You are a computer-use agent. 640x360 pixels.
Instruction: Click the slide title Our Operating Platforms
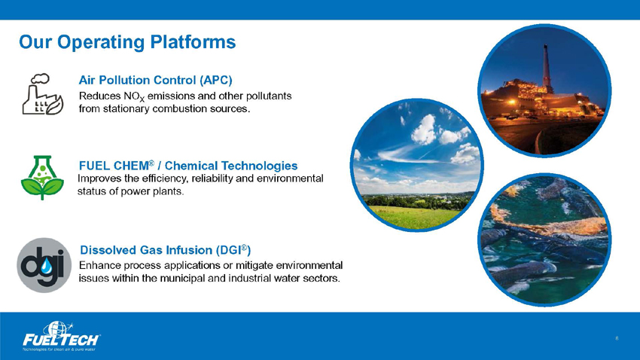point(127,42)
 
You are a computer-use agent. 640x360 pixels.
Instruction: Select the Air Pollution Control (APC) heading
point(156,80)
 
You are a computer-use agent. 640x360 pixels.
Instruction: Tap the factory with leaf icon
point(42,94)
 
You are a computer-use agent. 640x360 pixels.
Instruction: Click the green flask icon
point(42,178)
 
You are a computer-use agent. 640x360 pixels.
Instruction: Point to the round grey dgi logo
point(44,265)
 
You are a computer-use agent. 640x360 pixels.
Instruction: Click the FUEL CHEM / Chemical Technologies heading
point(188,165)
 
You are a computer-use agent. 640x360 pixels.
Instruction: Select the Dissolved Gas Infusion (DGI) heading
point(166,250)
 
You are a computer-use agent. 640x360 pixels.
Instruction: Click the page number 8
point(617,338)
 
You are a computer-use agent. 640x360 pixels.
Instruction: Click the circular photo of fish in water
point(544,239)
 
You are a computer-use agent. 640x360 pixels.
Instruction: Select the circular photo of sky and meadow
point(416,165)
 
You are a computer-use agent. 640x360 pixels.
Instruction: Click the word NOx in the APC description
point(134,96)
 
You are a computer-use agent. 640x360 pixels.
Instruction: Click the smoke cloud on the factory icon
point(40,78)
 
